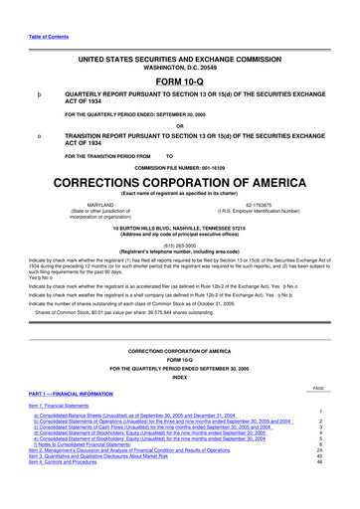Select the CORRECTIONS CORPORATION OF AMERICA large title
tap(179, 184)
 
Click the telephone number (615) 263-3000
tap(179, 242)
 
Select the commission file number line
tap(179, 168)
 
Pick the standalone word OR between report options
tap(179, 126)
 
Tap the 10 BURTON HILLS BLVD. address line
tap(179, 226)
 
